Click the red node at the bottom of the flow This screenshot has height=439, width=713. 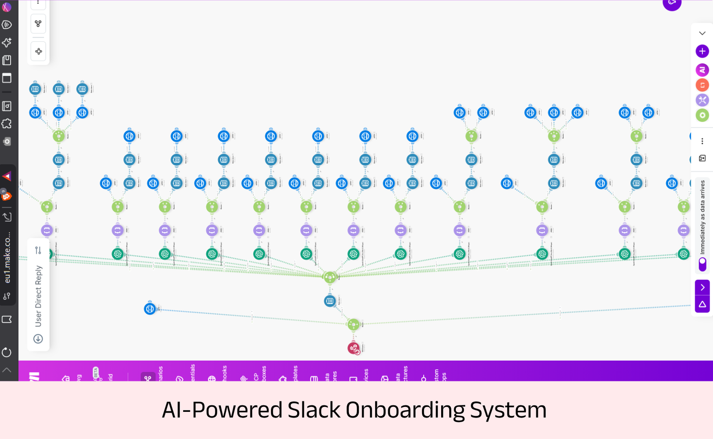(x=353, y=348)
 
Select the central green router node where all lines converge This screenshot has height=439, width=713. (x=330, y=277)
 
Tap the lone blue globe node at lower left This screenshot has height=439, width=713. (x=150, y=309)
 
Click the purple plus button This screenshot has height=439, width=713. (x=702, y=51)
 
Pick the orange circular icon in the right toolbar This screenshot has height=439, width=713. (x=702, y=85)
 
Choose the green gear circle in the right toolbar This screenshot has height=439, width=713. (x=702, y=115)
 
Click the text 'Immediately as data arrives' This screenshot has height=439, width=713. (x=703, y=217)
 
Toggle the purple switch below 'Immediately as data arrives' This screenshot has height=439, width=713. (x=703, y=264)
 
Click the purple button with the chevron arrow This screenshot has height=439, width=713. (x=702, y=287)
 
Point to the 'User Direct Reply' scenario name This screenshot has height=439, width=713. (x=38, y=296)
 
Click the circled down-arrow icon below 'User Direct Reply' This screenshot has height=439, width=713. (x=38, y=339)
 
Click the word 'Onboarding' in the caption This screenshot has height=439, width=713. (x=405, y=410)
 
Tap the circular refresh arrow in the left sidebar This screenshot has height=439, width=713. (x=7, y=353)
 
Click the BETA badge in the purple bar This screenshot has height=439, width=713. (x=95, y=373)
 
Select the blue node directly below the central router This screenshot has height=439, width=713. (x=330, y=301)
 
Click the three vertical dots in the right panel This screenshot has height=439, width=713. (x=702, y=141)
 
